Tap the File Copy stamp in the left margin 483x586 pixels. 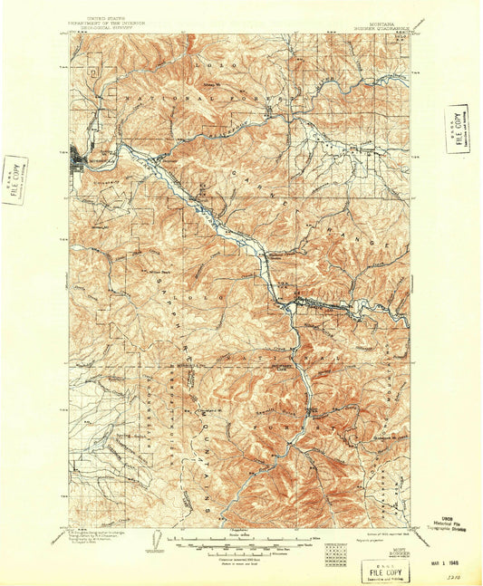pyautogui.click(x=15, y=179)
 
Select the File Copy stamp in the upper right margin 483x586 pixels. pyautogui.click(x=457, y=129)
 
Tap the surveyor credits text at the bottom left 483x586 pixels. pyautogui.click(x=100, y=535)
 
